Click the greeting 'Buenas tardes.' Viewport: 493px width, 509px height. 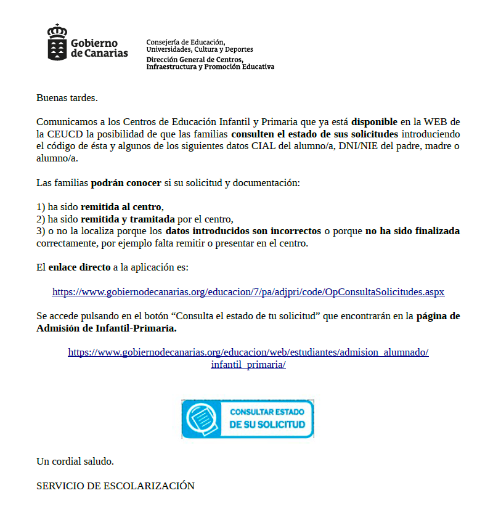(67, 97)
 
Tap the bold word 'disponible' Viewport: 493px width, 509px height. (375, 121)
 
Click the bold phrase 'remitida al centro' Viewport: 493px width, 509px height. (121, 207)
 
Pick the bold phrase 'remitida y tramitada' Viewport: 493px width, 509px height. (124, 219)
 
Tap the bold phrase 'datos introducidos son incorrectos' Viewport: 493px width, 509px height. (243, 231)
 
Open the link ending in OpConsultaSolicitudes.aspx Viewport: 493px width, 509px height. (248, 292)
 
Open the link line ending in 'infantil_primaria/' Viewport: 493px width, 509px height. (248, 364)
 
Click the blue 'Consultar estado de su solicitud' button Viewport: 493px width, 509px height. (248, 418)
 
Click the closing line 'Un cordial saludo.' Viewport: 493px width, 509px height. (75, 461)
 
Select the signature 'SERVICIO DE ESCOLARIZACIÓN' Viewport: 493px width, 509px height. (115, 486)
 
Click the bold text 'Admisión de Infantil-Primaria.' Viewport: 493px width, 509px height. (107, 328)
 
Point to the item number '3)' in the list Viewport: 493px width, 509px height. (41, 231)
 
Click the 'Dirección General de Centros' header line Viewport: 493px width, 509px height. (194, 60)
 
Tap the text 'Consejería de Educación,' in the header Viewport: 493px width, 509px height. (181, 42)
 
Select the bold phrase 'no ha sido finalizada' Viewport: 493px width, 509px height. (412, 231)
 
